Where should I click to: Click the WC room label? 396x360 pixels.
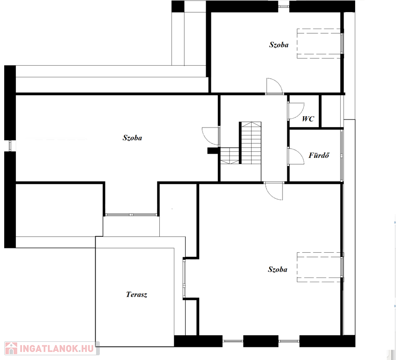pyautogui.click(x=308, y=119)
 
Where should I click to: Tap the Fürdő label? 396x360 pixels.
pyautogui.click(x=319, y=155)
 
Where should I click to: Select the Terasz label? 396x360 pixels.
pyautogui.click(x=136, y=294)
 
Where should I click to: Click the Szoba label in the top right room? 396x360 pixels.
pyautogui.click(x=279, y=45)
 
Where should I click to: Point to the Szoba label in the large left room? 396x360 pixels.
pyautogui.click(x=132, y=138)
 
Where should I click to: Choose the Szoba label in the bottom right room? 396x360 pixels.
pyautogui.click(x=277, y=270)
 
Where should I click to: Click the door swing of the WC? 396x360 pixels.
pyautogui.click(x=296, y=111)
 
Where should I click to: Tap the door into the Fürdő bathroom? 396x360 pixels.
pyautogui.click(x=296, y=157)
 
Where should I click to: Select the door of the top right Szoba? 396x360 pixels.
pyautogui.click(x=274, y=86)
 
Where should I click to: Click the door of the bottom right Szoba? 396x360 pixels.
pyautogui.click(x=273, y=191)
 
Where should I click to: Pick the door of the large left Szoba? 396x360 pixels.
pyautogui.click(x=211, y=137)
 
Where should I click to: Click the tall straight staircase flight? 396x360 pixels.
pyautogui.click(x=251, y=143)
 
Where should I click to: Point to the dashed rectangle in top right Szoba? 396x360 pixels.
pyautogui.click(x=319, y=44)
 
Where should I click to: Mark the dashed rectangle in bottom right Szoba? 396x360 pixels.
pyautogui.click(x=319, y=267)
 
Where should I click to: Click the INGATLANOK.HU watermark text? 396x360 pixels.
pyautogui.click(x=57, y=349)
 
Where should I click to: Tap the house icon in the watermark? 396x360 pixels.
pyautogui.click(x=11, y=348)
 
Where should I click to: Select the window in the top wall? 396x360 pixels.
pyautogui.click(x=284, y=6)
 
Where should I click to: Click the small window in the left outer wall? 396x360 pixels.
pyautogui.click(x=10, y=145)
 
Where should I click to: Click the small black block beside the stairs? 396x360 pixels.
pyautogui.click(x=213, y=150)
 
